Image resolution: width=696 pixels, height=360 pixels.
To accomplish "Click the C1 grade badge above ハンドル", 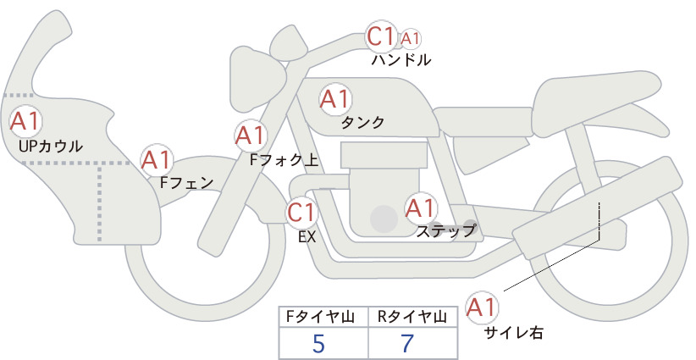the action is click(x=381, y=36).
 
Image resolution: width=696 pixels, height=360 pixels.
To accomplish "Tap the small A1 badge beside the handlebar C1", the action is click(x=410, y=39).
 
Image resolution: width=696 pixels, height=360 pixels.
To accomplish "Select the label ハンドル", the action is click(x=400, y=59).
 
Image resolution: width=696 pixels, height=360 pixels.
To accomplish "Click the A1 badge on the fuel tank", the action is click(x=335, y=99).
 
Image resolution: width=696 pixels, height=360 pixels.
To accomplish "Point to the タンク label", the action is click(x=362, y=123).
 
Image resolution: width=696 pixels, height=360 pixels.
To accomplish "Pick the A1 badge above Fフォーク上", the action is click(x=251, y=136).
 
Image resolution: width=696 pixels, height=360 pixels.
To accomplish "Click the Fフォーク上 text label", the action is click(x=284, y=159).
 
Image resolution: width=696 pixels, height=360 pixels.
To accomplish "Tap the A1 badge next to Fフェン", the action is click(x=157, y=161).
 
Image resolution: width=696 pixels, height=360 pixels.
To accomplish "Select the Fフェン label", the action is click(x=187, y=182).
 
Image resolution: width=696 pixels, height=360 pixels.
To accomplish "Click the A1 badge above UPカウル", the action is click(x=25, y=122).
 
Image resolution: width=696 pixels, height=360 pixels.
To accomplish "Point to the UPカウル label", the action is click(x=51, y=147).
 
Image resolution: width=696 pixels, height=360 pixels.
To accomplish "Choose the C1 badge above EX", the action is click(x=301, y=212).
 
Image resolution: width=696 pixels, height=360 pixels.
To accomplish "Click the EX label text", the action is click(x=307, y=237).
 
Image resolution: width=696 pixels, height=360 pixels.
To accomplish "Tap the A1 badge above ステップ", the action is click(x=420, y=208).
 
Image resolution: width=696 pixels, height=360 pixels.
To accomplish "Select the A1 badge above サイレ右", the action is click(x=482, y=307).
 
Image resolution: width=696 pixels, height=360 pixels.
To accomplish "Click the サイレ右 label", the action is click(x=514, y=333).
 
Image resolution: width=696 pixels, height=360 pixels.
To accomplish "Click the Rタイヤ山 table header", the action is click(x=412, y=317).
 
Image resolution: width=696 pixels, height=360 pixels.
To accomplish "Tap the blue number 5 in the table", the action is click(x=318, y=343).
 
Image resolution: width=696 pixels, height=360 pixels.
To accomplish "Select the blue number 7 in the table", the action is click(x=407, y=343).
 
